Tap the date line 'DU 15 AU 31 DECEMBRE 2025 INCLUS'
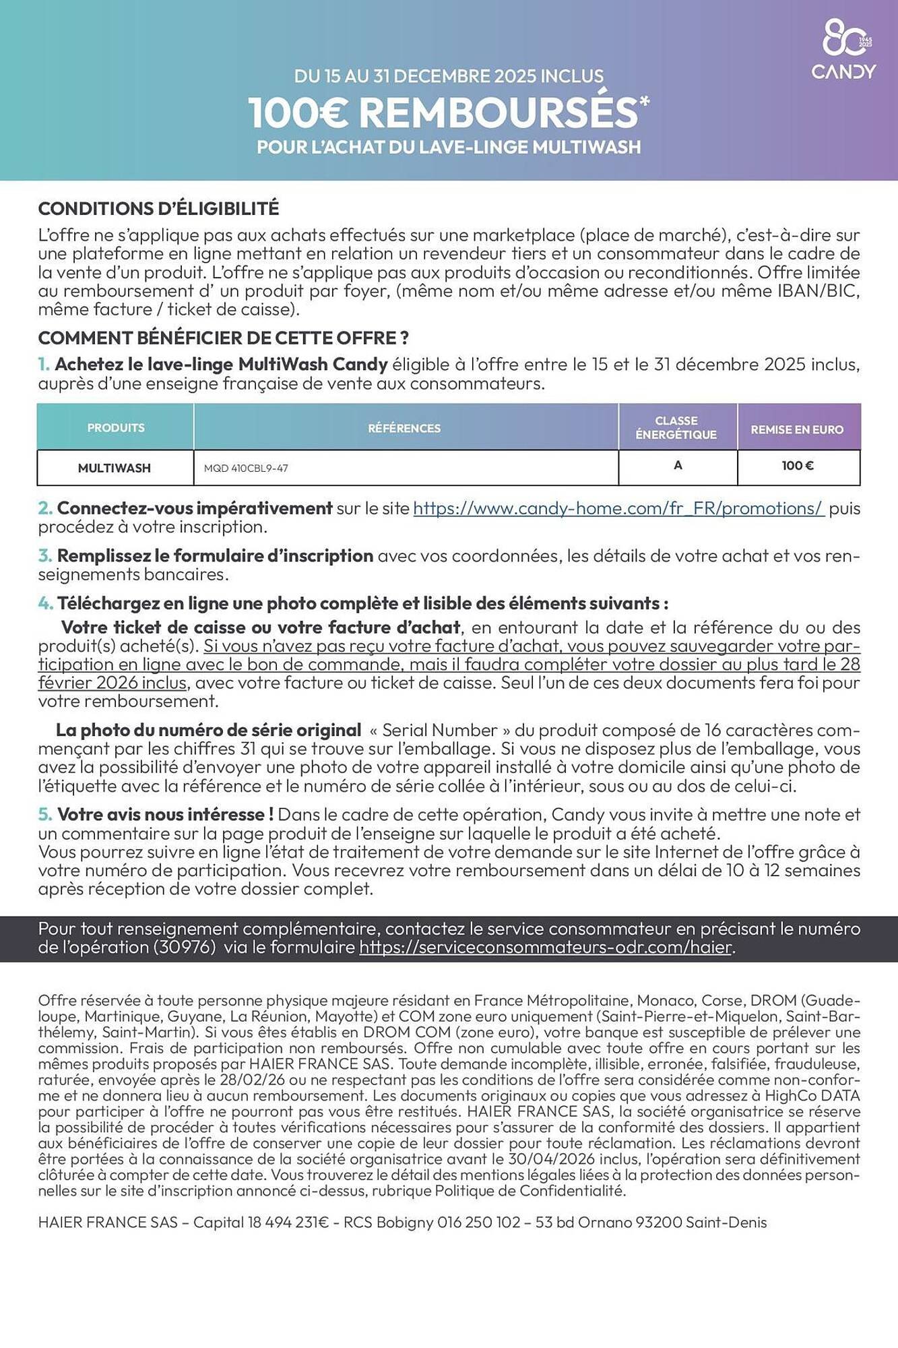(x=449, y=76)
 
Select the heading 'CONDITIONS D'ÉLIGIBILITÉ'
(x=158, y=209)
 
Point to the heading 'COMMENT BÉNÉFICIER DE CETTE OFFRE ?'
(x=223, y=338)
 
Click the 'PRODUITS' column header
(x=116, y=428)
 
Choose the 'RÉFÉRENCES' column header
(x=404, y=428)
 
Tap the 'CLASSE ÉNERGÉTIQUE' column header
(x=676, y=427)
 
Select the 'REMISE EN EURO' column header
(x=797, y=429)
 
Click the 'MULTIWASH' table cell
(x=115, y=468)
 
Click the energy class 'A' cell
(x=678, y=465)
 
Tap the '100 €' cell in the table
(x=798, y=465)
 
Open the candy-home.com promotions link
(x=618, y=508)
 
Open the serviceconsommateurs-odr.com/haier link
(x=546, y=948)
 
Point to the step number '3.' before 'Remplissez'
(x=45, y=556)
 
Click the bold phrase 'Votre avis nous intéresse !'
(x=165, y=814)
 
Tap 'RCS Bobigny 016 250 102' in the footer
(x=432, y=1222)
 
